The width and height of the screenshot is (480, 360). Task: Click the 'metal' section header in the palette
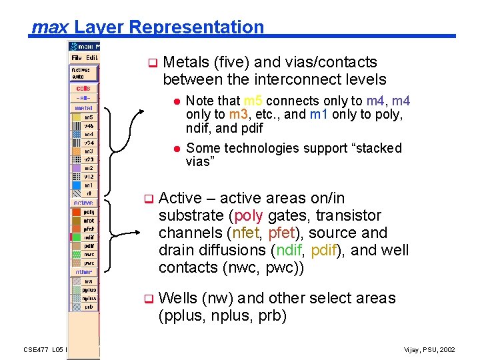[83, 107]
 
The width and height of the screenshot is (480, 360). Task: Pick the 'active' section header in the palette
[83, 203]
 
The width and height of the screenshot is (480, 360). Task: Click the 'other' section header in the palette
[83, 272]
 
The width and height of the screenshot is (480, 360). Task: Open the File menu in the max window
[77, 58]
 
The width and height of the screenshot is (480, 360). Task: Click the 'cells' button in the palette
[83, 88]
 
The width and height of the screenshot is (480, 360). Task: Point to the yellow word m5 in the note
[253, 101]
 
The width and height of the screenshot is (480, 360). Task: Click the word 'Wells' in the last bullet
[179, 298]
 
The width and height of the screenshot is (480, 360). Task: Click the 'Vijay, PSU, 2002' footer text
[430, 350]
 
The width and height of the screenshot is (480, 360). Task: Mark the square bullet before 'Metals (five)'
[151, 64]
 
